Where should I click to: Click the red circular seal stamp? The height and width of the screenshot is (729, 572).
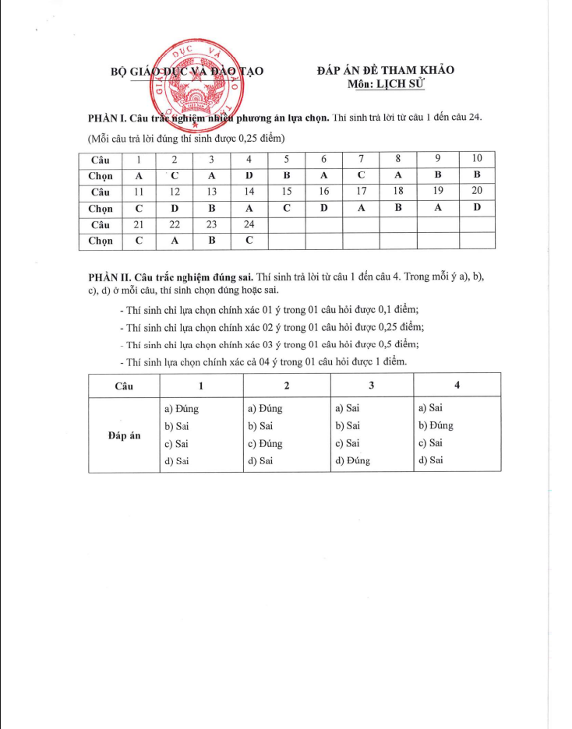[195, 83]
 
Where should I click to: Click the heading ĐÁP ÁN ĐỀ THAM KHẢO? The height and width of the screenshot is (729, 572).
[386, 70]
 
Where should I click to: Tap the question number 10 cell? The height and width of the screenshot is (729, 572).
[477, 159]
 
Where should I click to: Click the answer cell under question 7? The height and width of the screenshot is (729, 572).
[361, 175]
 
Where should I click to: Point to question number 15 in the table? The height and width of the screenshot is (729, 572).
[286, 192]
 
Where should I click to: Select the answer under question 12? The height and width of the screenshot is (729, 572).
[175, 208]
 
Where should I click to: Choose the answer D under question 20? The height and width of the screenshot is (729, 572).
[477, 208]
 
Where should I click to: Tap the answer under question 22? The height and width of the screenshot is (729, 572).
[175, 241]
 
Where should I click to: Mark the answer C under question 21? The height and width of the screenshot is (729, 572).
[139, 241]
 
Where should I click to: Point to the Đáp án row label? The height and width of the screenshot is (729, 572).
[124, 435]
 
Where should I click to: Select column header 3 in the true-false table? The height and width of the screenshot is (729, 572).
[372, 386]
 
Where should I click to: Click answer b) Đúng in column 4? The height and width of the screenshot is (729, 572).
[436, 425]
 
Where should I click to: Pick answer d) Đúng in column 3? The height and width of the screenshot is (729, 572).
[352, 460]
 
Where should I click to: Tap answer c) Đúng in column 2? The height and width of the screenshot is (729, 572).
[265, 443]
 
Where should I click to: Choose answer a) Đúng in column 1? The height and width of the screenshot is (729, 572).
[182, 408]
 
